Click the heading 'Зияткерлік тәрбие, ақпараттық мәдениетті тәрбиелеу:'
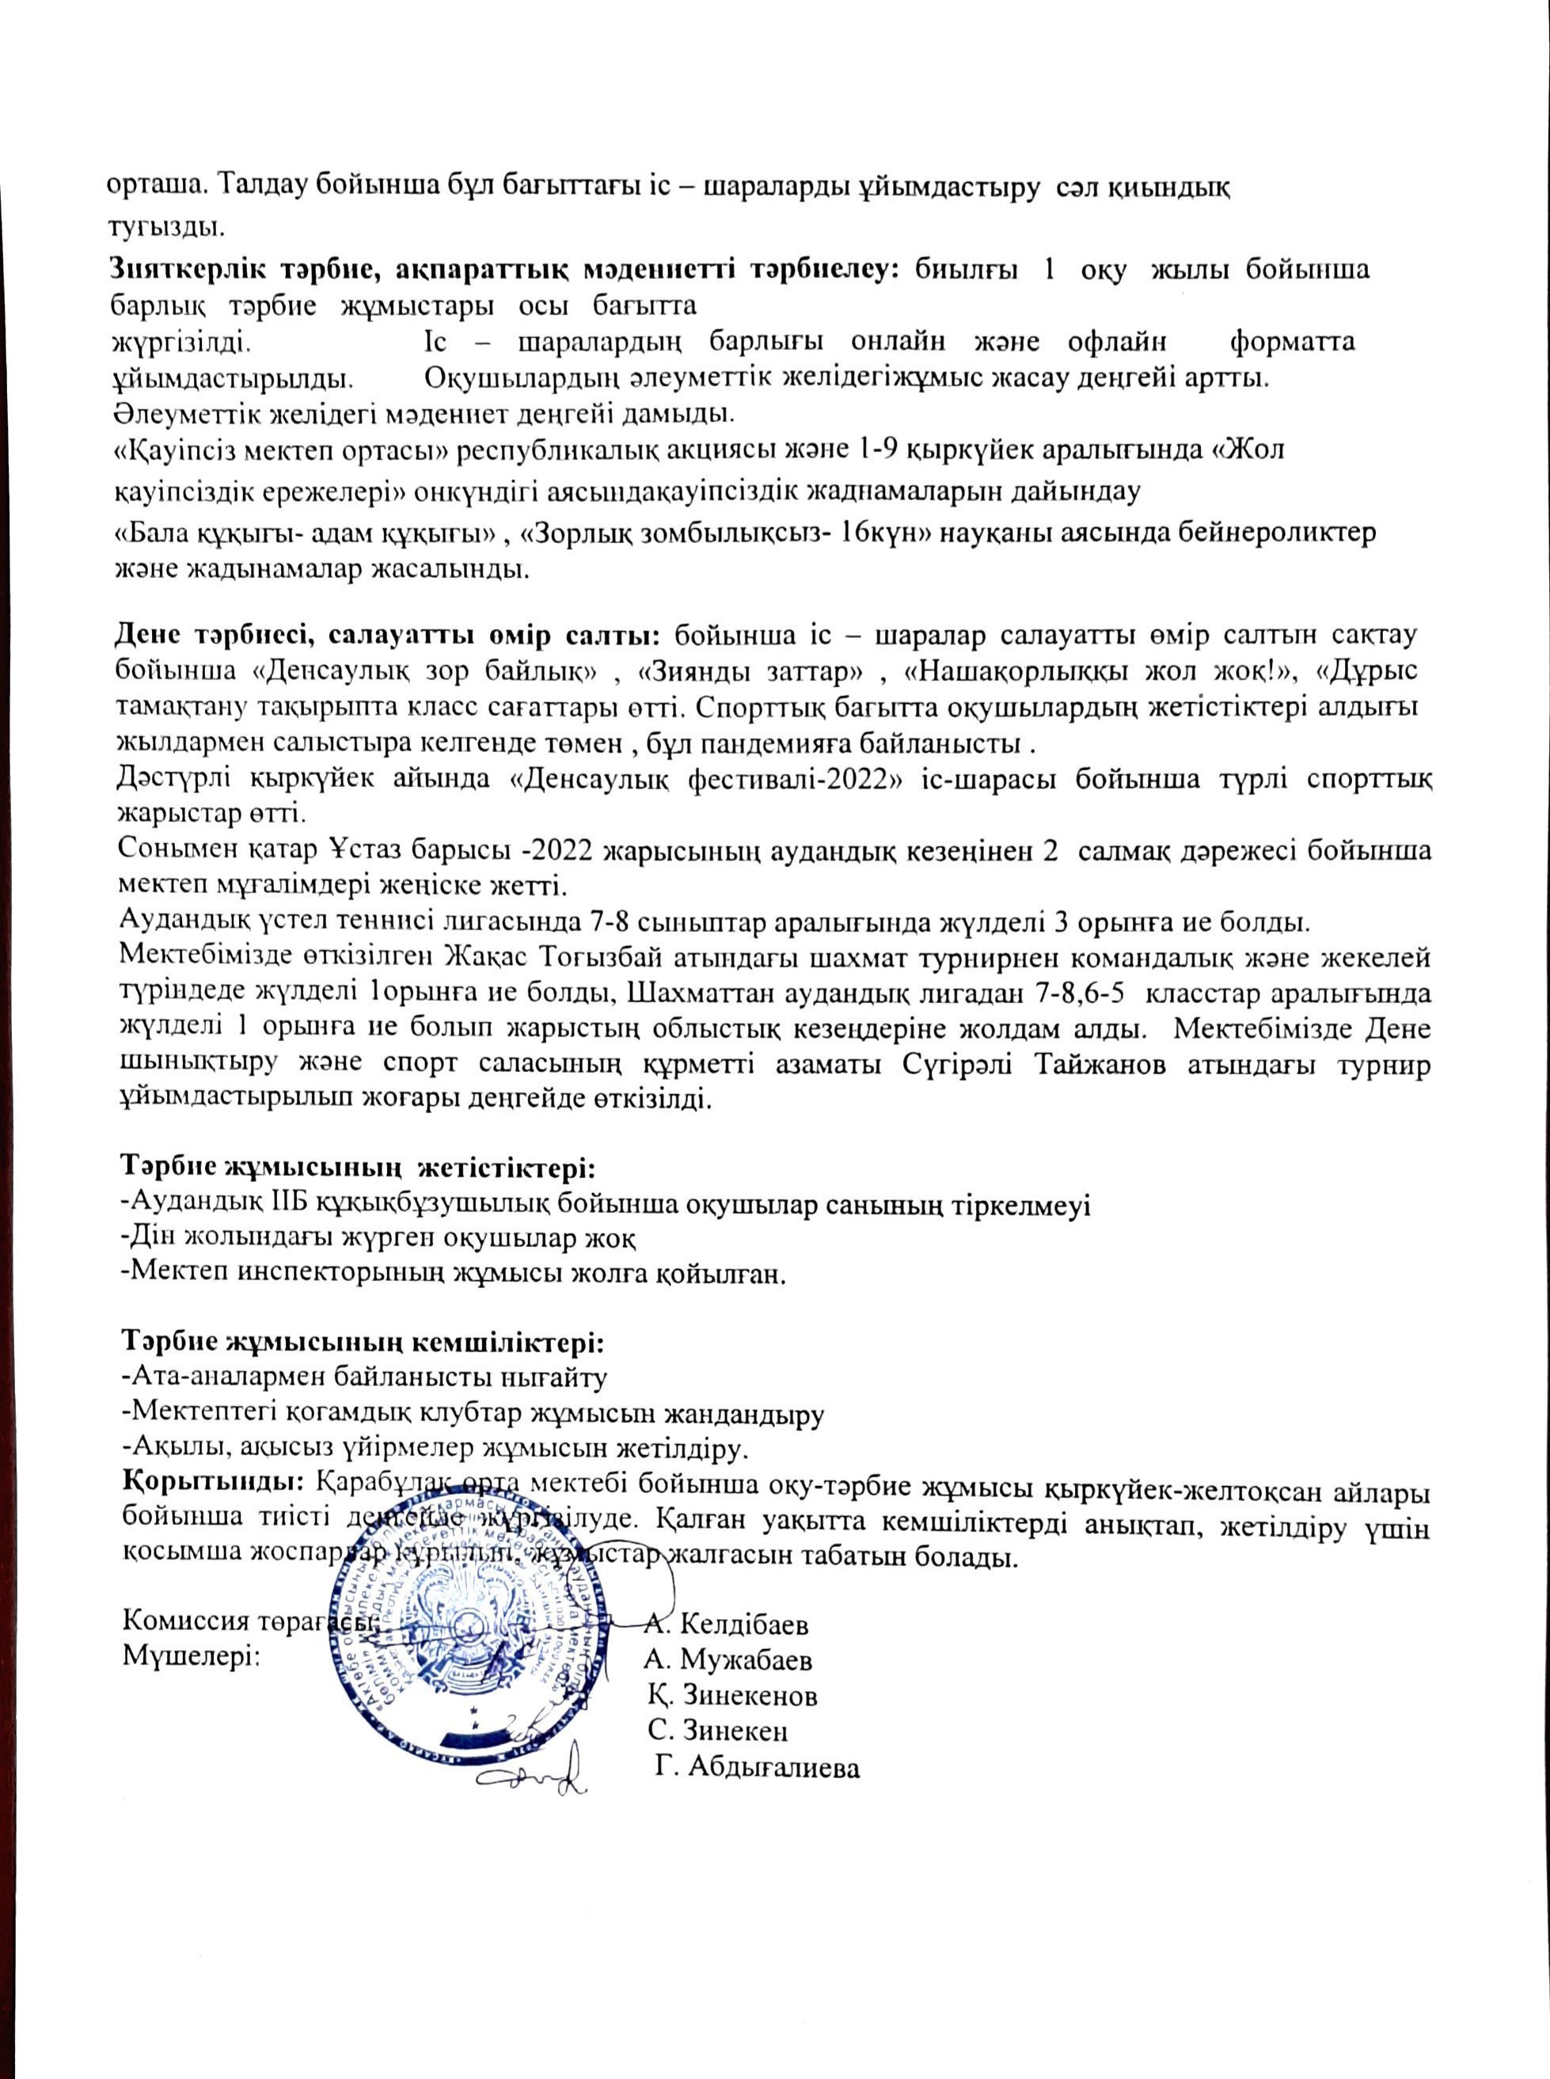(x=507, y=270)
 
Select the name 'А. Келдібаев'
(x=726, y=1624)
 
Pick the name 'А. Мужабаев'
(x=728, y=1659)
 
